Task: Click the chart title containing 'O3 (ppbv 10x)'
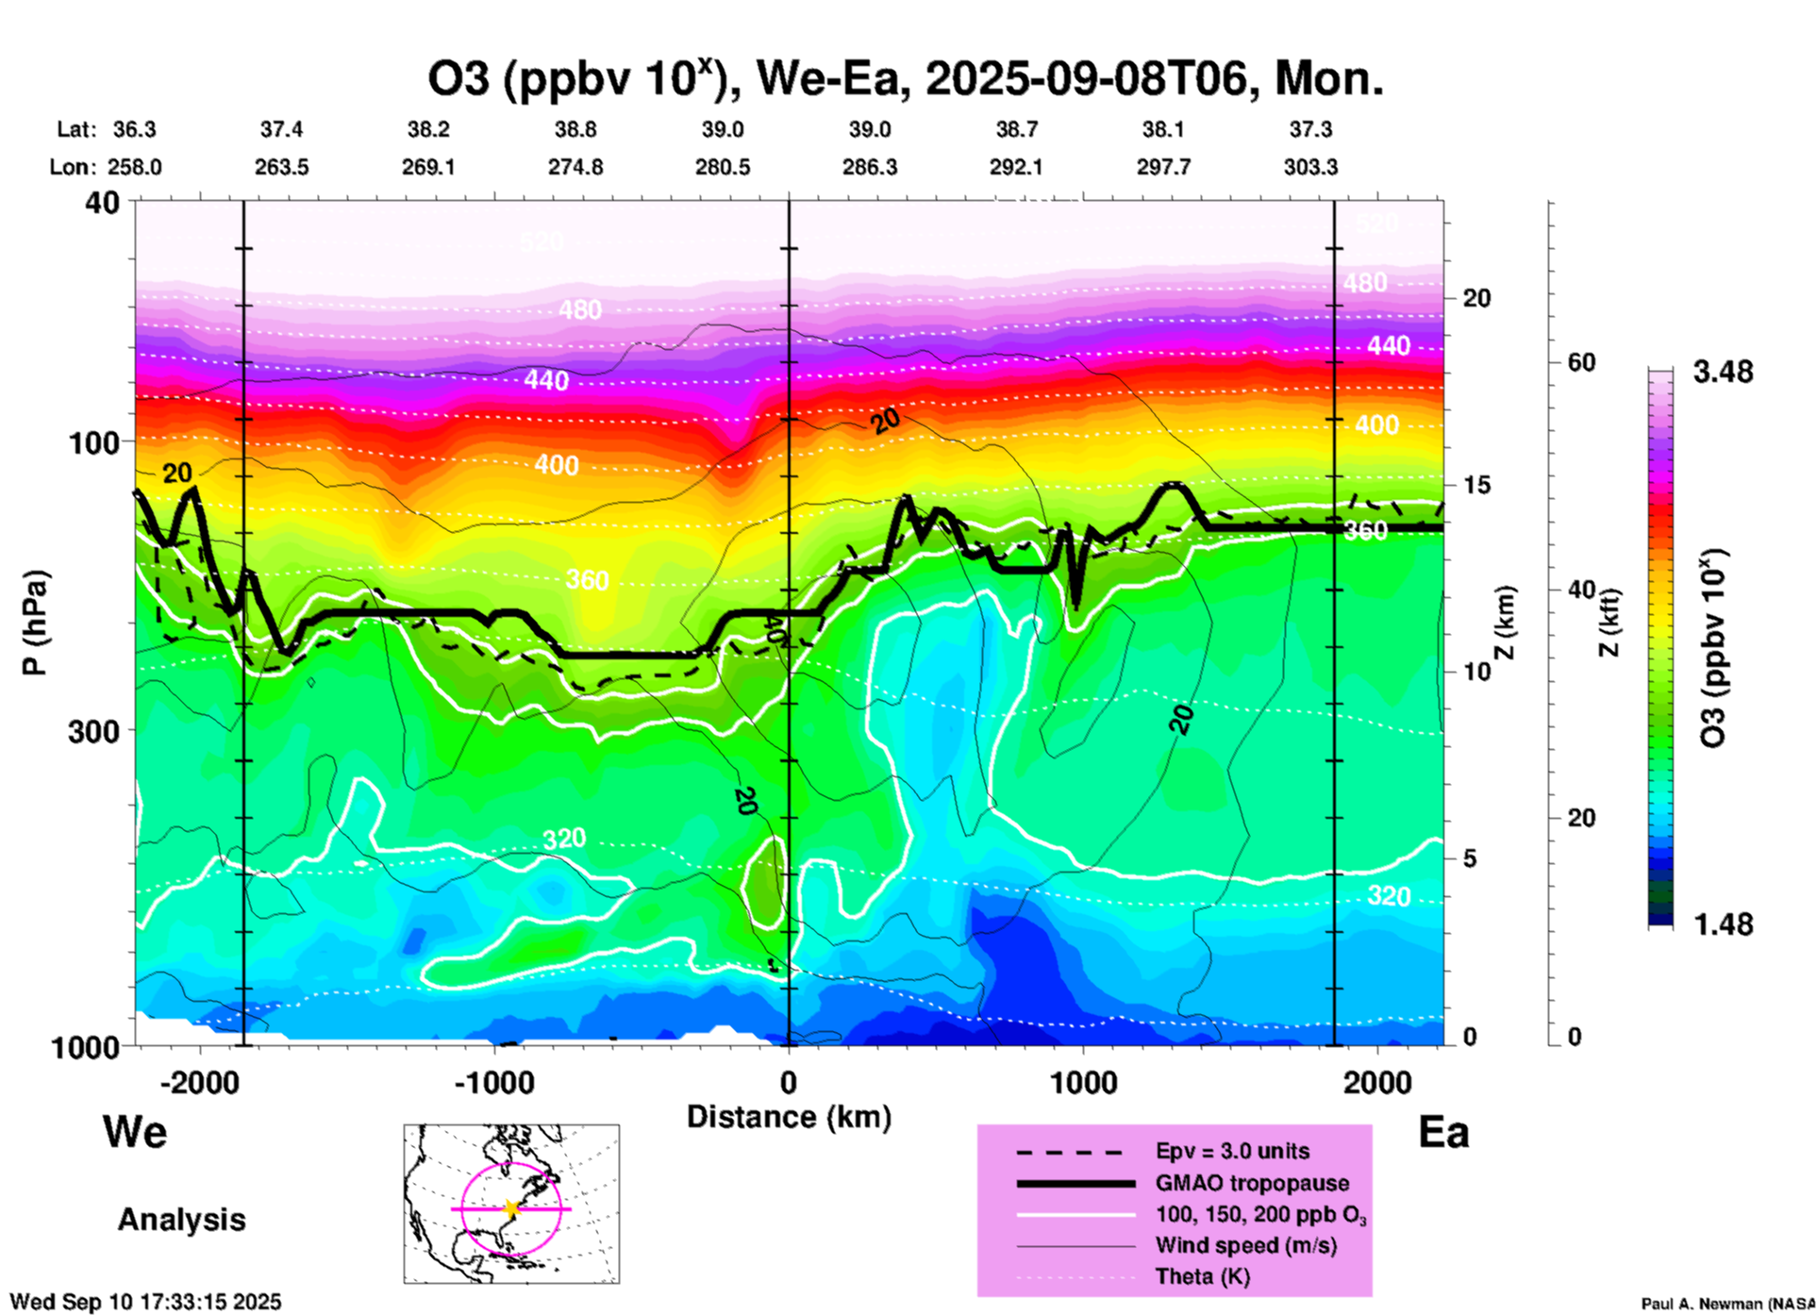905,79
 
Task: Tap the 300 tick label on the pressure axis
94,730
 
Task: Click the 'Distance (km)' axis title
789,1117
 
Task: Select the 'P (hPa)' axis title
35,623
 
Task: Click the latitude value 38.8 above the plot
575,129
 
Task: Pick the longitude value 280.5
723,167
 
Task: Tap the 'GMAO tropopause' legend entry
1252,1183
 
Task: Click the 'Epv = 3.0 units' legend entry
1232,1152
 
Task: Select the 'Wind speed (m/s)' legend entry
1245,1245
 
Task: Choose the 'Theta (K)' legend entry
1202,1276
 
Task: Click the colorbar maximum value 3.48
1723,373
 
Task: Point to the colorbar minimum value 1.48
1723,924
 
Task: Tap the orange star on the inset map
511,1208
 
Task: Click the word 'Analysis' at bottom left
181,1220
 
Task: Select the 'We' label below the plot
135,1131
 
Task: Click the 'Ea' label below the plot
1443,1132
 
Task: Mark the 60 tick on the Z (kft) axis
1581,363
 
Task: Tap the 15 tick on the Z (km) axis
1476,485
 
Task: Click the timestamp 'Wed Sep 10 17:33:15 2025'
145,1302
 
